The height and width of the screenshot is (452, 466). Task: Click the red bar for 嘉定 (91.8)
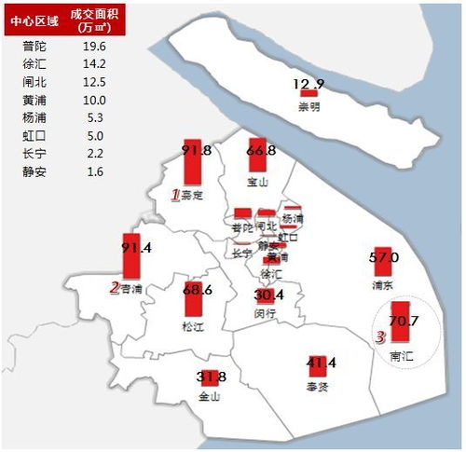(191, 164)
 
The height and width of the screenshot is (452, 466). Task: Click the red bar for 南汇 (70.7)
(402, 325)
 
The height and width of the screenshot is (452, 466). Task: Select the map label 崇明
(308, 106)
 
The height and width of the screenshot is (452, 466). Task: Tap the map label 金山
(209, 396)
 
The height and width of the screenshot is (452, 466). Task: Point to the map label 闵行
(265, 314)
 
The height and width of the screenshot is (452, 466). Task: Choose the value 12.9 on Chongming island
(308, 85)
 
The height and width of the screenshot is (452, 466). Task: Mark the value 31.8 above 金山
(212, 377)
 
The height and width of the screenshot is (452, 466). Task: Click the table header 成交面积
(94, 17)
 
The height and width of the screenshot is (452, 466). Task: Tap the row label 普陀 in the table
(32, 46)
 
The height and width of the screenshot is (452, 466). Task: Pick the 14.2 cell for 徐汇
(94, 63)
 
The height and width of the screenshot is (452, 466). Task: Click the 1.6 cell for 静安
(94, 171)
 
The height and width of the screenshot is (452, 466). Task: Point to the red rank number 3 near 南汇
(379, 338)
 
